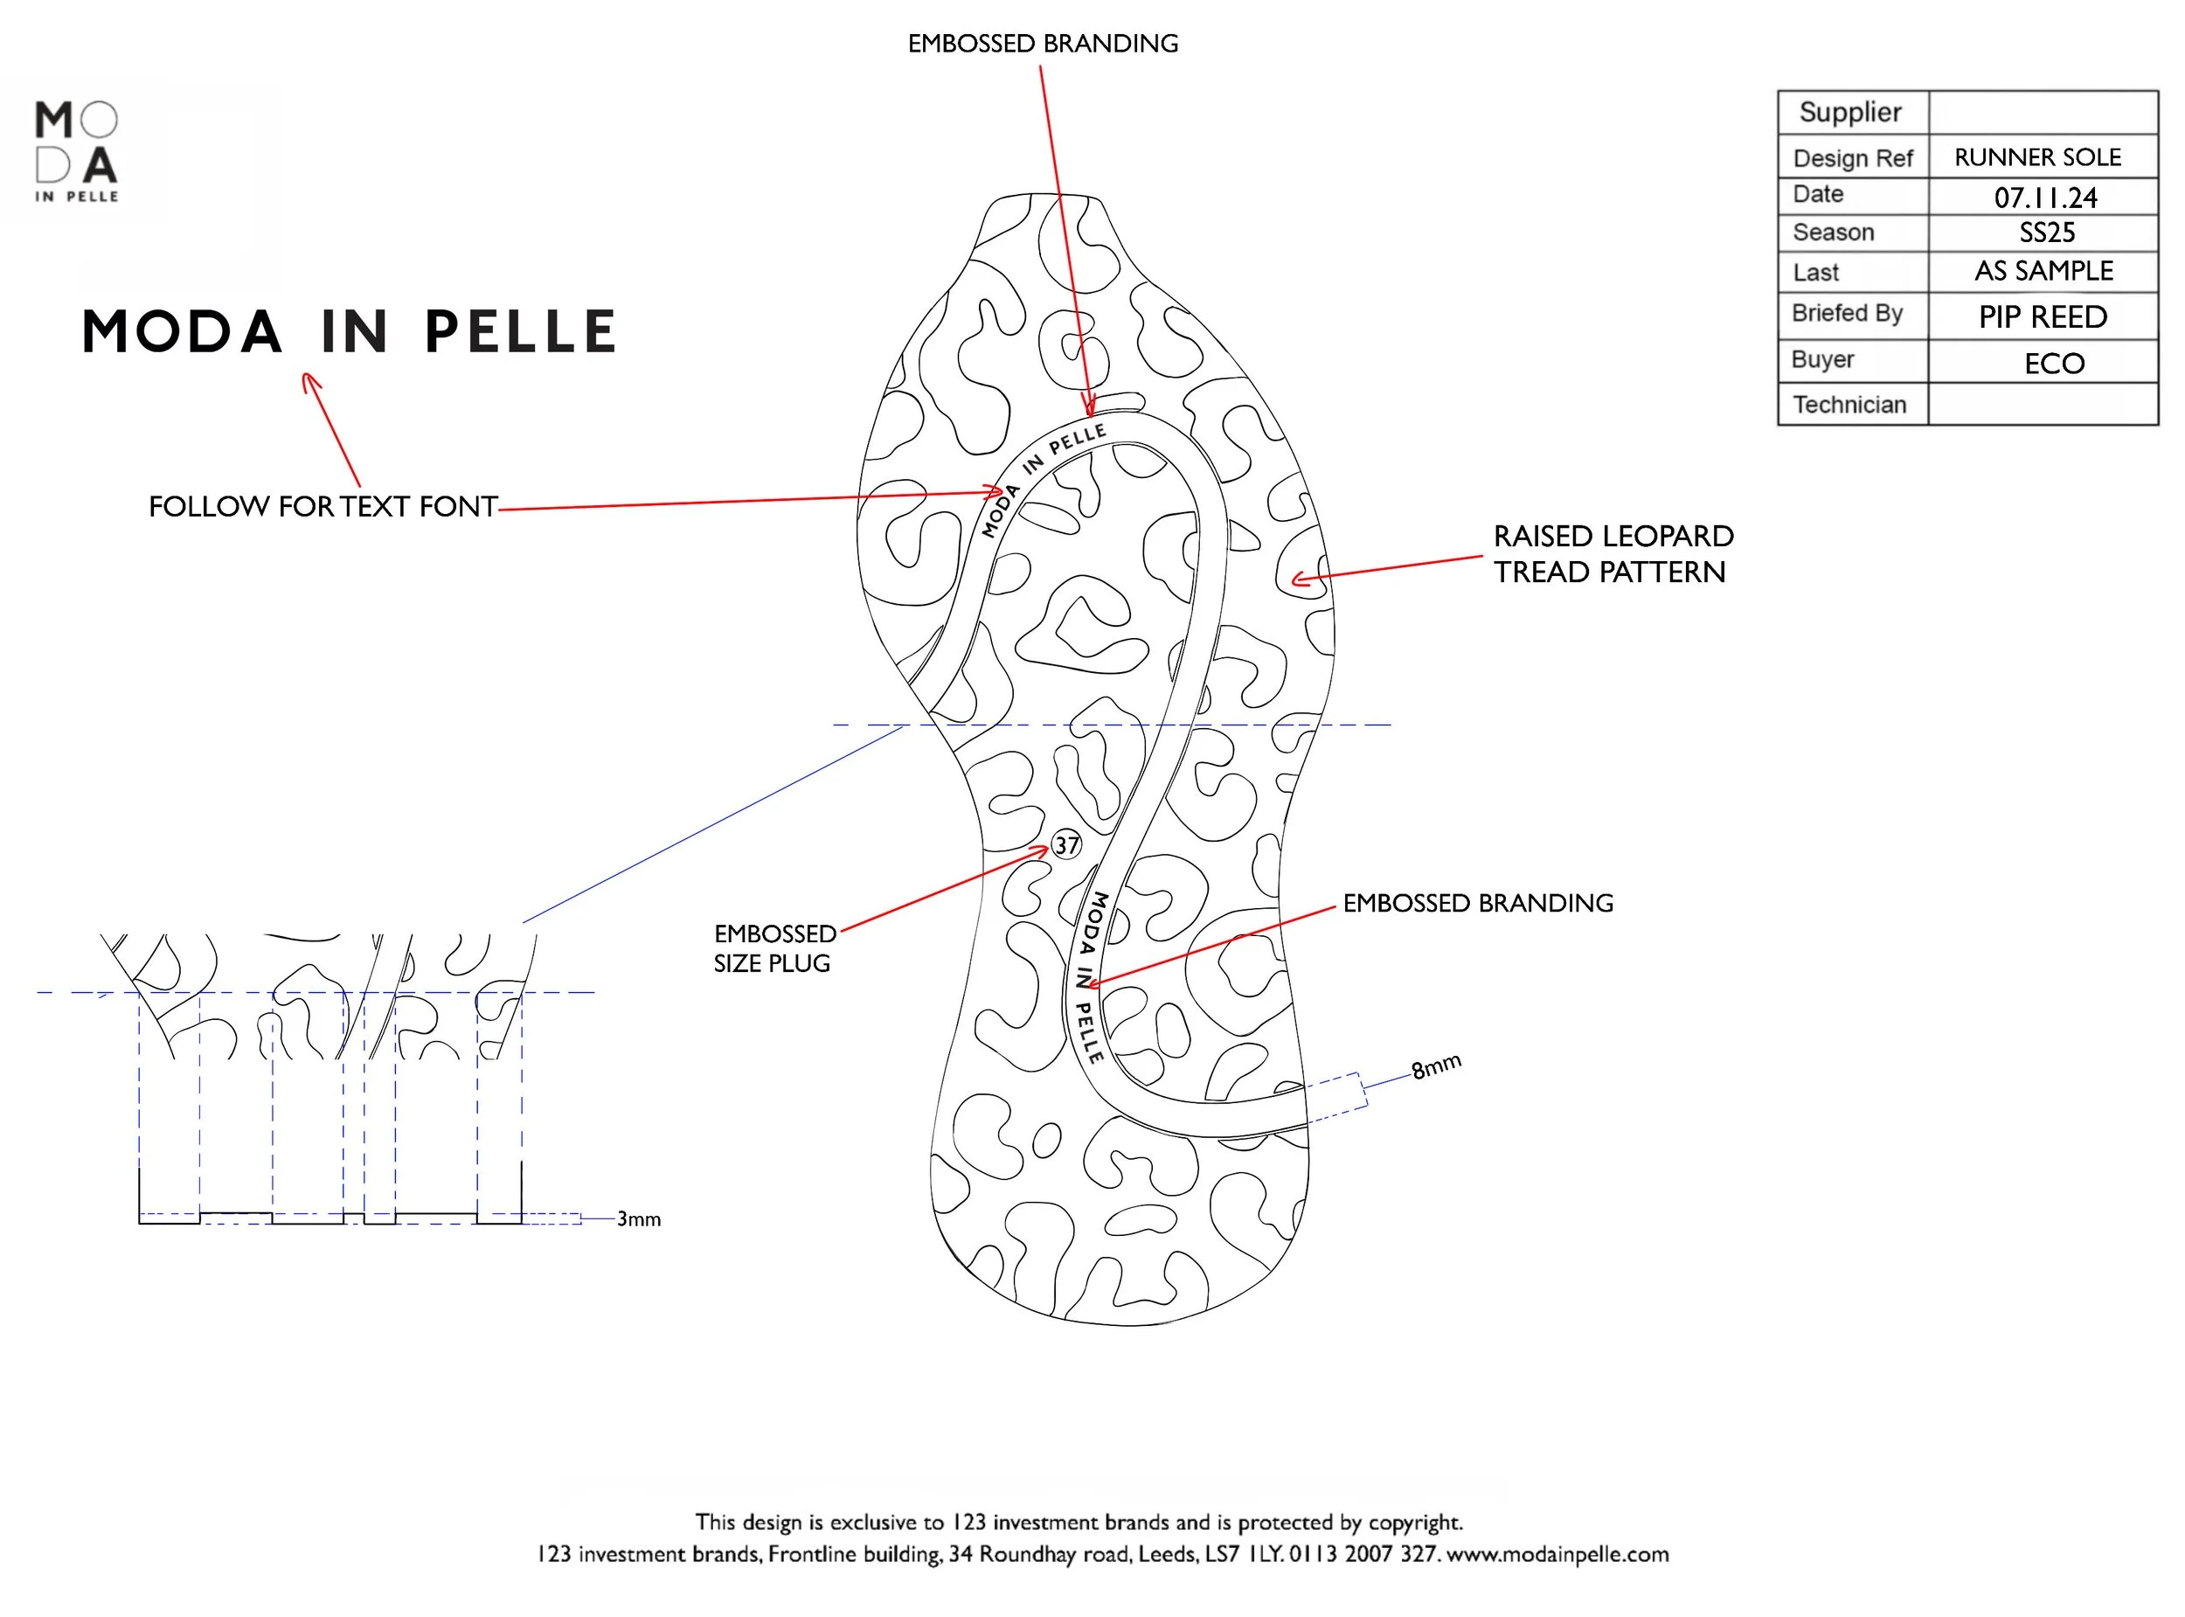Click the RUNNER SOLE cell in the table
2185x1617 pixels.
pyautogui.click(x=2037, y=157)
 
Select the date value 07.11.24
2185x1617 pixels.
pyautogui.click(x=2045, y=198)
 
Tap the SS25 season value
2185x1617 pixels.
pyautogui.click(x=2046, y=233)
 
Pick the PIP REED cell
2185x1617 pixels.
pyautogui.click(x=2043, y=317)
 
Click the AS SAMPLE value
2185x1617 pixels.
pyautogui.click(x=2043, y=271)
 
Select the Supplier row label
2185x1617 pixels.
pyautogui.click(x=1849, y=113)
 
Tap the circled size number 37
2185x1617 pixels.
pyautogui.click(x=1065, y=844)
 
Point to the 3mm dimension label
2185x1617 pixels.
pyautogui.click(x=638, y=1219)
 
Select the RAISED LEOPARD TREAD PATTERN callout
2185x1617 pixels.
pyautogui.click(x=1613, y=554)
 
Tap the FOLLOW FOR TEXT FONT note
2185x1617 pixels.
pyautogui.click(x=323, y=507)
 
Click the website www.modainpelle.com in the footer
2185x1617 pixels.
pyautogui.click(x=1557, y=1554)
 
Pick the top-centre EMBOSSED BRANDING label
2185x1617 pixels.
pyautogui.click(x=1042, y=44)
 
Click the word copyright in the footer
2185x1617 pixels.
pyautogui.click(x=1414, y=1522)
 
